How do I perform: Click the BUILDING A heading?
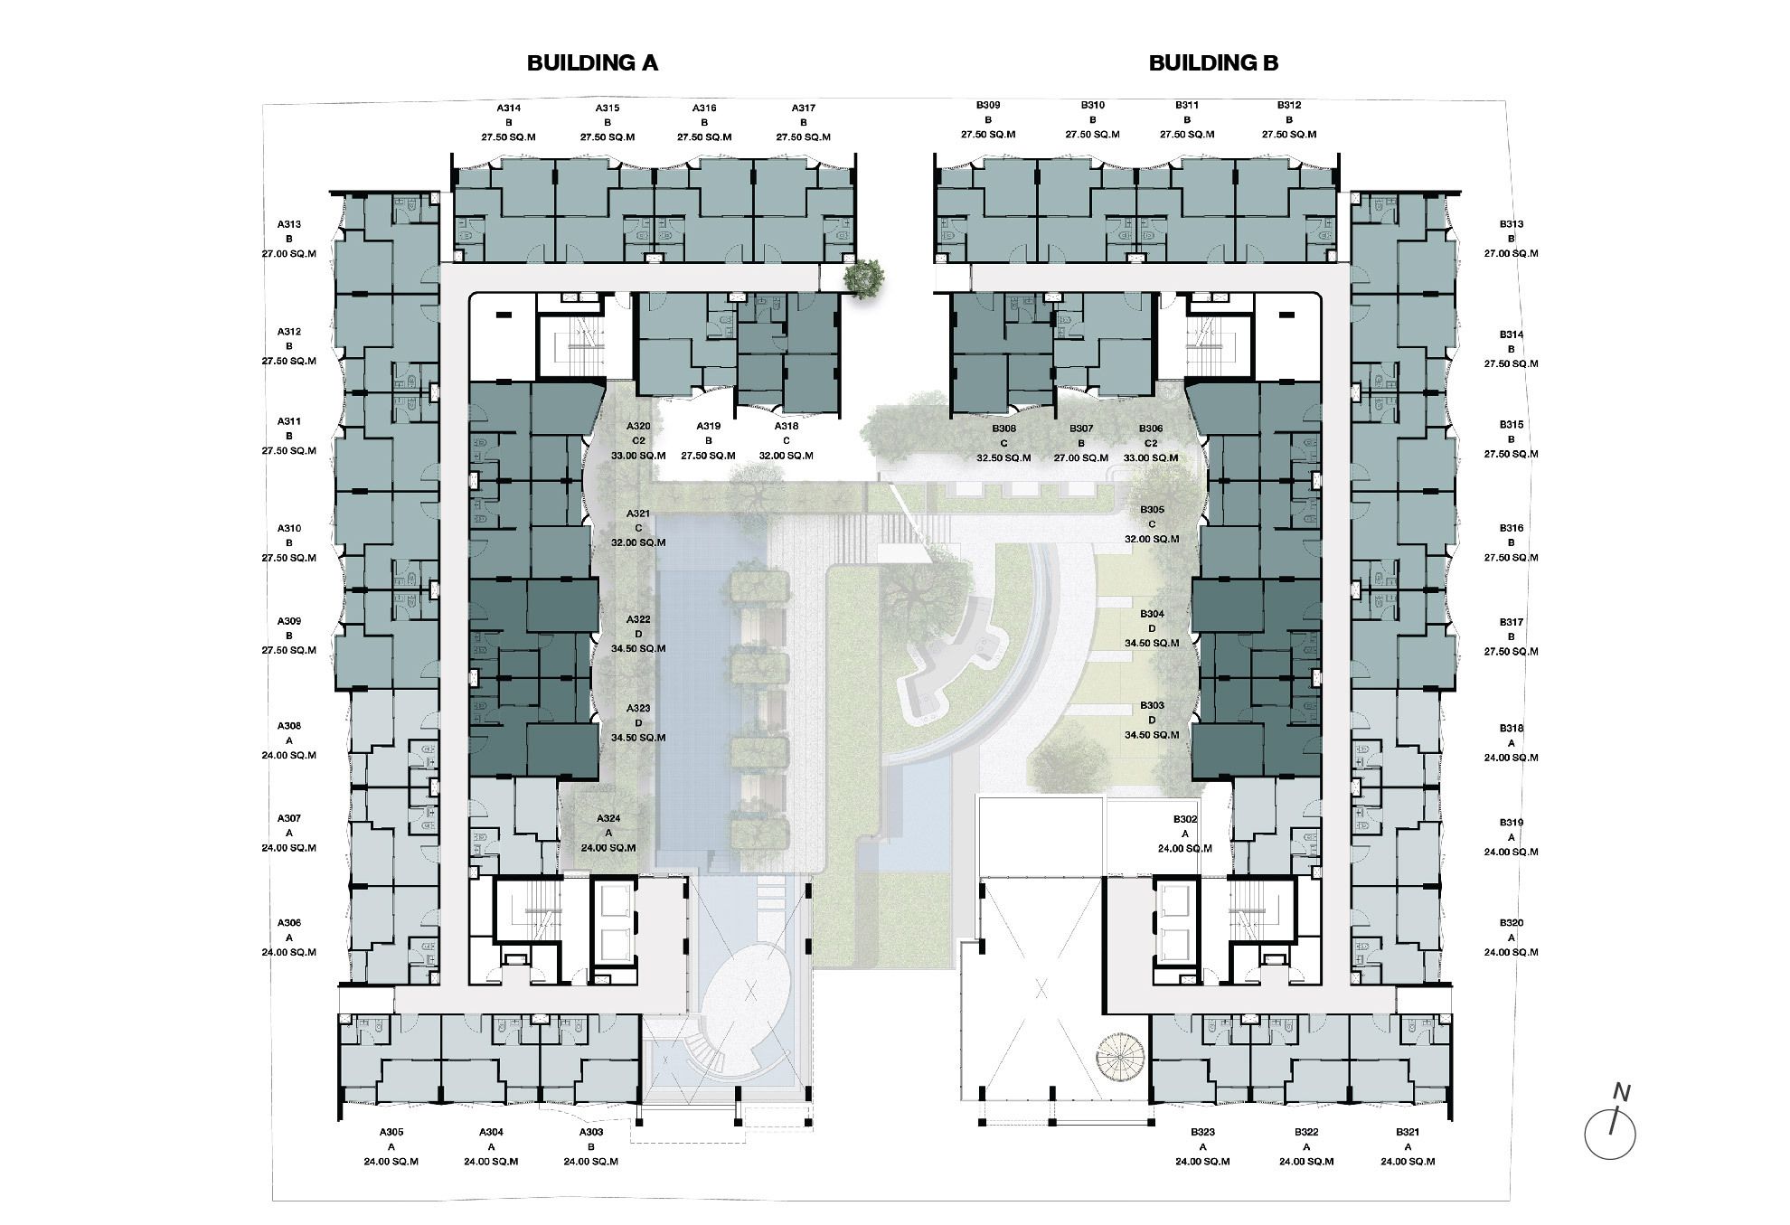click(x=592, y=62)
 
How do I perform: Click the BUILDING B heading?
click(x=1213, y=62)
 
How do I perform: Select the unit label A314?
click(x=508, y=108)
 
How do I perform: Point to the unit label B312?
click(x=1289, y=106)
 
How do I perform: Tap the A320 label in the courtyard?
click(x=638, y=426)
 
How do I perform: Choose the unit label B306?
click(x=1151, y=429)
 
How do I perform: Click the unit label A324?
click(x=608, y=819)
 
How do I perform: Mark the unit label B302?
click(x=1185, y=820)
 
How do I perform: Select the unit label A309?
click(x=289, y=622)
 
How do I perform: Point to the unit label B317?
click(x=1511, y=623)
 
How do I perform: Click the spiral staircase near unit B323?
click(x=1121, y=1057)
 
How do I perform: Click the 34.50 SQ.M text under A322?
click(x=638, y=649)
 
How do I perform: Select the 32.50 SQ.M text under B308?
click(x=1003, y=458)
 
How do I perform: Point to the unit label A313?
click(x=289, y=225)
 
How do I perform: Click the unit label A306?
click(x=289, y=924)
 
